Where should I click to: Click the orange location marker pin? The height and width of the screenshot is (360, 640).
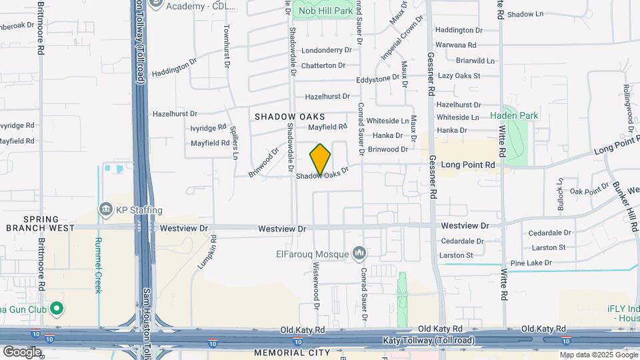(x=320, y=159)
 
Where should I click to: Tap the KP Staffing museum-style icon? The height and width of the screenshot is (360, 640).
(x=106, y=210)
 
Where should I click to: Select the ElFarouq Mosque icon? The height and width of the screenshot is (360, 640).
(x=359, y=253)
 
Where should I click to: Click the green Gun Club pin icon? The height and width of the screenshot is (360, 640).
(x=56, y=308)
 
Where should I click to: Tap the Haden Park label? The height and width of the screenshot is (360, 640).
(x=514, y=115)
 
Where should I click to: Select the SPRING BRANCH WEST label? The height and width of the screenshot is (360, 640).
(x=40, y=223)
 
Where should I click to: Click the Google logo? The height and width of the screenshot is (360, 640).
(x=22, y=351)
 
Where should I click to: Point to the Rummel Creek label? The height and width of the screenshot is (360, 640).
(x=98, y=257)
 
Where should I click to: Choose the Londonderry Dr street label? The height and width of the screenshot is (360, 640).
(x=326, y=50)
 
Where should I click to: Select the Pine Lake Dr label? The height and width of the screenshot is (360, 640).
(x=529, y=263)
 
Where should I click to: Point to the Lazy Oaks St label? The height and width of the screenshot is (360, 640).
(x=459, y=76)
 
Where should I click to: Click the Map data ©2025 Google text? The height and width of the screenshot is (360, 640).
(x=598, y=355)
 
